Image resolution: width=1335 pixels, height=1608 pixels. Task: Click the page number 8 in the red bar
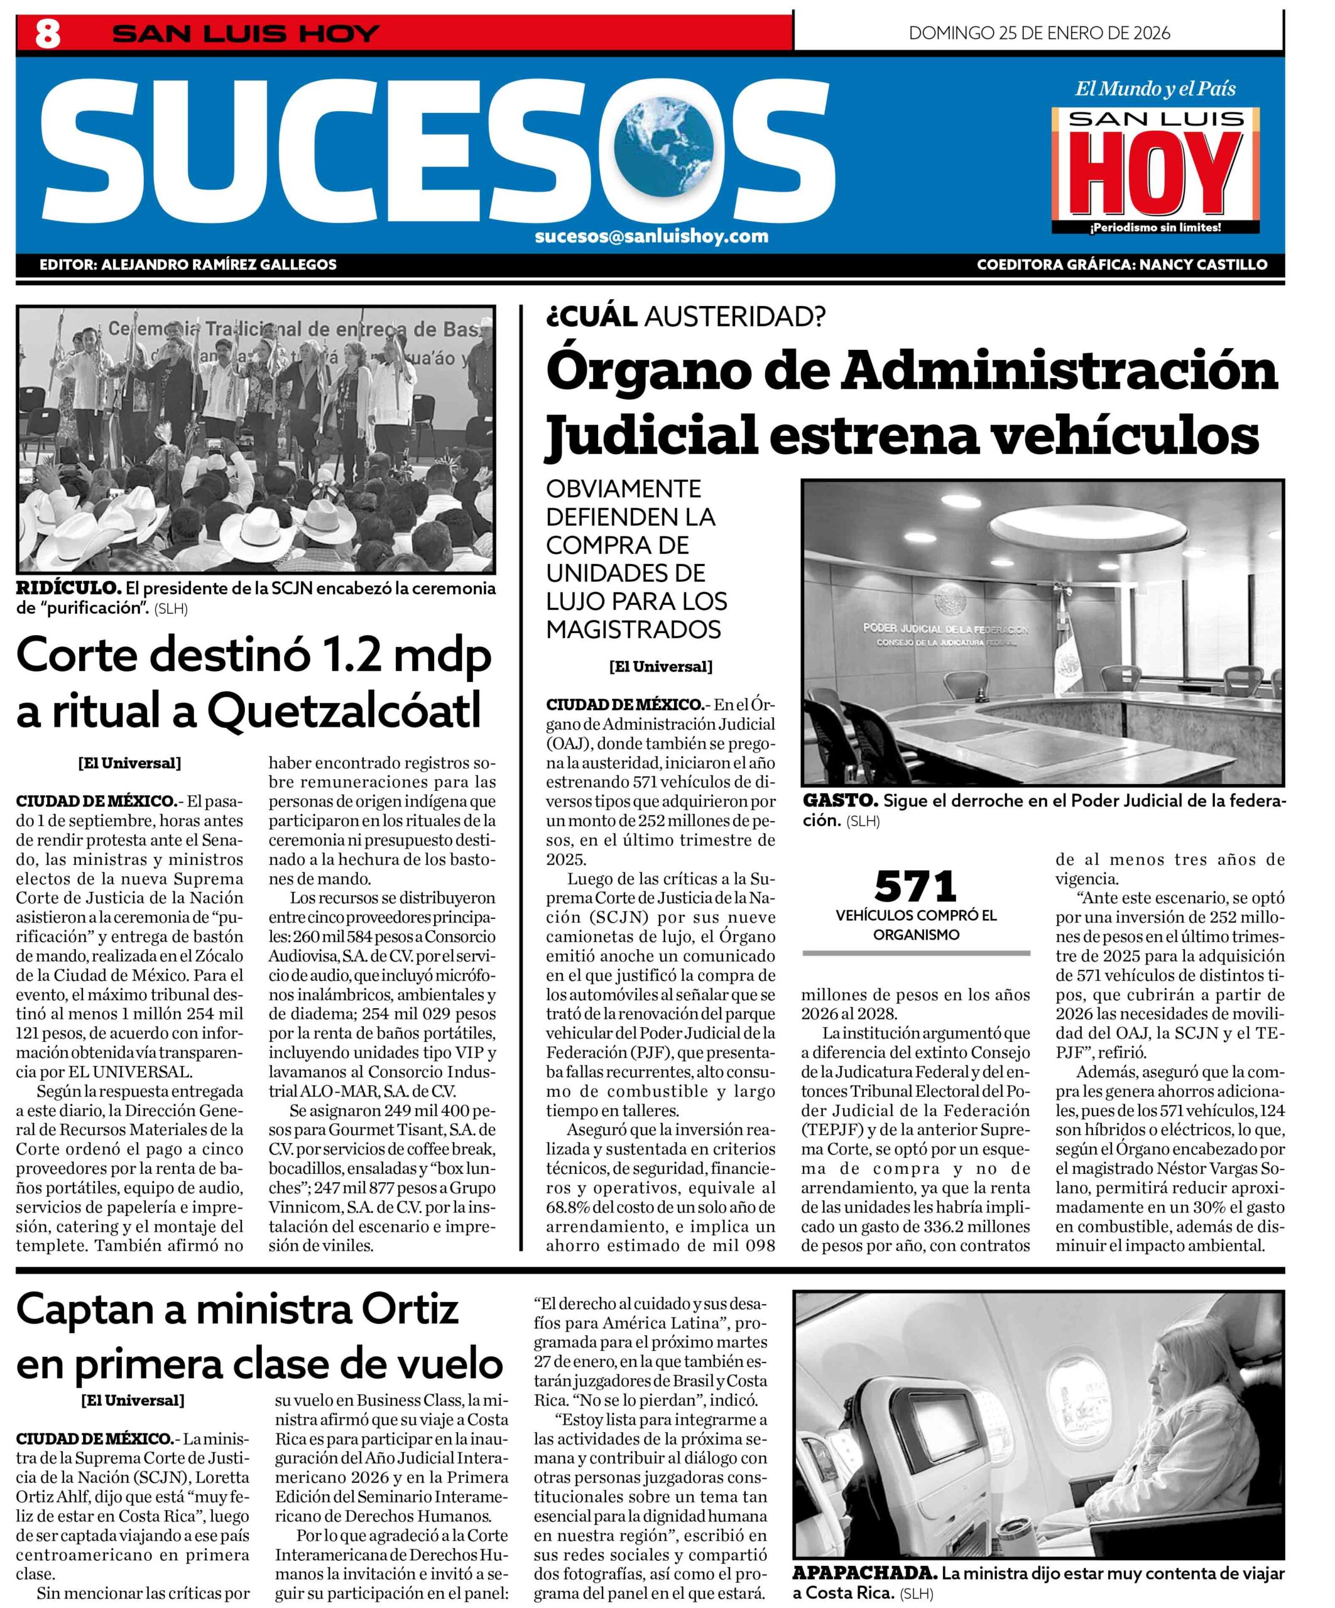click(x=48, y=34)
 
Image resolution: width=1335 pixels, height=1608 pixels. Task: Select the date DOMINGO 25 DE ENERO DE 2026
click(x=1039, y=33)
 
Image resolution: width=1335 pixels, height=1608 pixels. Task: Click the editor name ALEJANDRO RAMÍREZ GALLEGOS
click(x=219, y=265)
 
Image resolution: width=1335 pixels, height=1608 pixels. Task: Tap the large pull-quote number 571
click(x=916, y=887)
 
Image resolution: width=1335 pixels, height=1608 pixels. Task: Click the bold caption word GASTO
click(x=839, y=801)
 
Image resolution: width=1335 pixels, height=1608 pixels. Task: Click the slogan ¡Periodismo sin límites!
click(x=1155, y=227)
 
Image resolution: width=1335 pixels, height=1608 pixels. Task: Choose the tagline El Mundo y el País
click(x=1155, y=89)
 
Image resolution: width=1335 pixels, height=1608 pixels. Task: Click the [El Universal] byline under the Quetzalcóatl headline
click(x=129, y=763)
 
